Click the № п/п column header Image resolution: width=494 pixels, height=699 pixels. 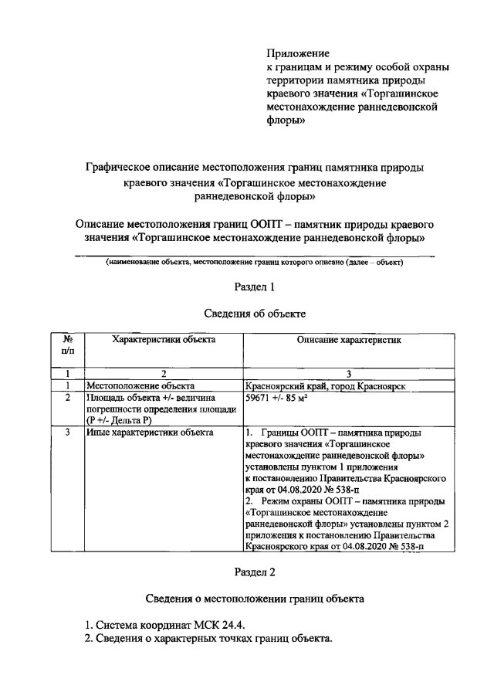[x=68, y=345]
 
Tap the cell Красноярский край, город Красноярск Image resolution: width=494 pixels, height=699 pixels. [x=324, y=385]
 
